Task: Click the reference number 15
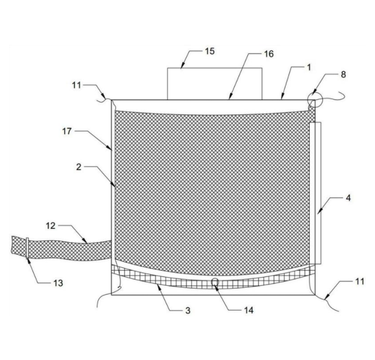point(210,51)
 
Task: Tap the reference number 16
point(268,54)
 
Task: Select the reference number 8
point(343,75)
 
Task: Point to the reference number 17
point(67,131)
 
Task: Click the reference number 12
point(50,225)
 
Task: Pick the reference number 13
point(58,283)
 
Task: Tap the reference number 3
point(188,310)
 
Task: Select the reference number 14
point(248,310)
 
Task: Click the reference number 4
point(348,198)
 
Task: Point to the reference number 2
point(78,167)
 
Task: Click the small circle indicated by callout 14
point(215,282)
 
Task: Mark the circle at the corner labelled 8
point(315,99)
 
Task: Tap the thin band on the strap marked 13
point(27,248)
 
